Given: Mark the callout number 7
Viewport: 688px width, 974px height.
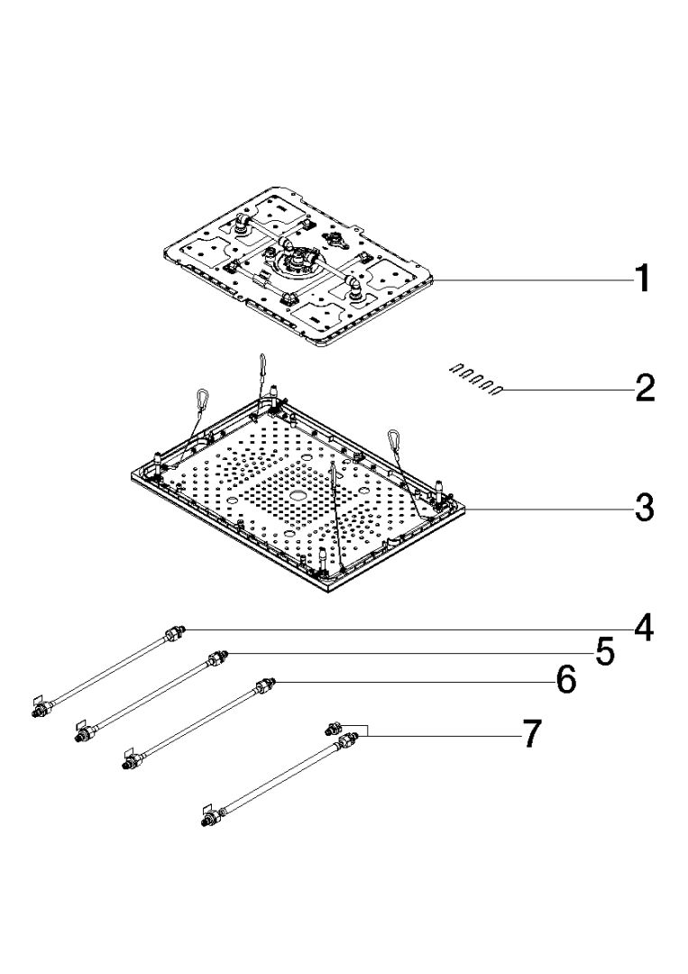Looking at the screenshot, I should click(x=531, y=735).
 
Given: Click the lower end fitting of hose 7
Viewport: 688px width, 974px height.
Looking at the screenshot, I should click(x=211, y=819).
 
